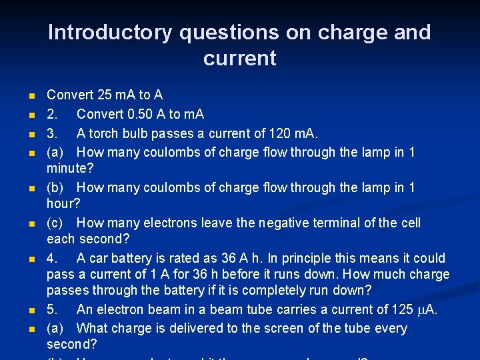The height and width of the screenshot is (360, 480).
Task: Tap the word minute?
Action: pos(70,169)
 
